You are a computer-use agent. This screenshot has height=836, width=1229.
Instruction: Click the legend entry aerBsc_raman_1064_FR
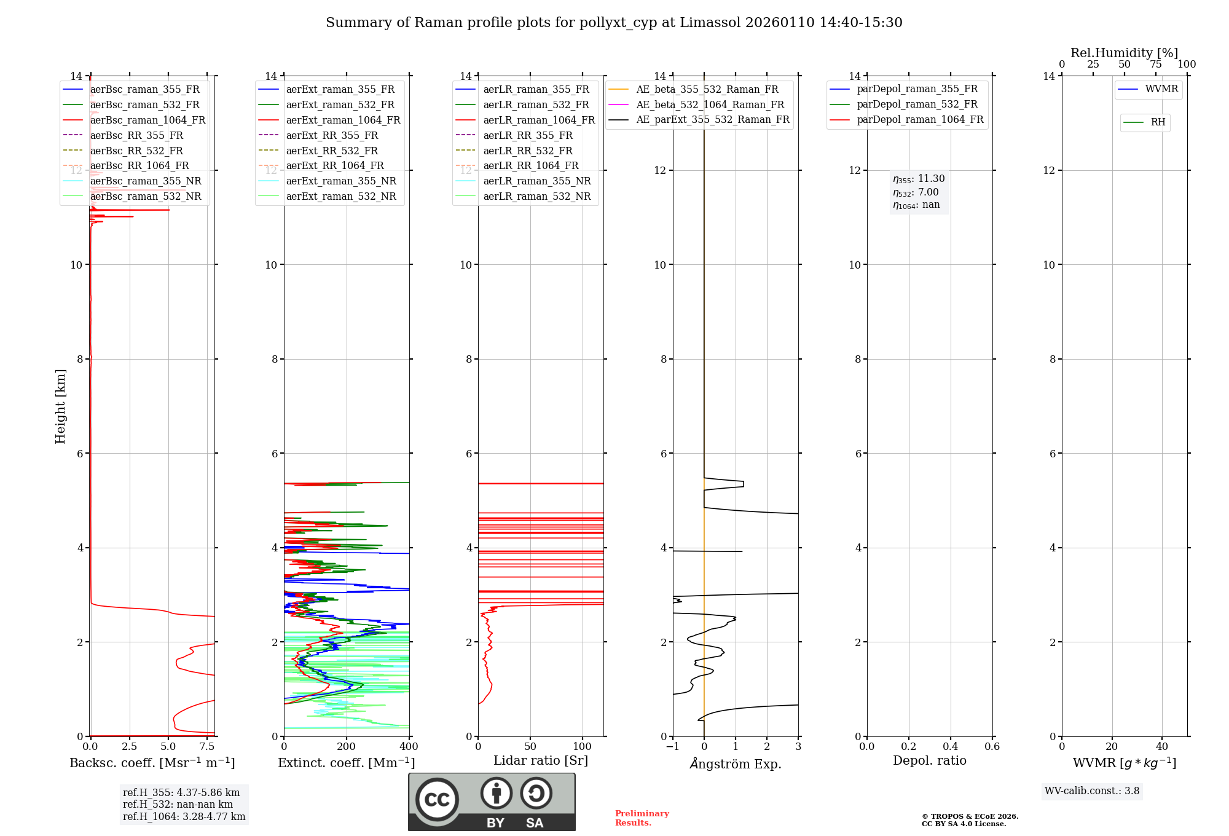coord(147,120)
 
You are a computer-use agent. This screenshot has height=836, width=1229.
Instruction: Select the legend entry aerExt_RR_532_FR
coord(332,151)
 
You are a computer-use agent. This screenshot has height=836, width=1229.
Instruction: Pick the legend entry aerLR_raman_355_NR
coord(536,181)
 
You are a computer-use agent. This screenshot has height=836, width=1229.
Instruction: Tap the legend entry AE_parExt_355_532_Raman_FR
coord(712,120)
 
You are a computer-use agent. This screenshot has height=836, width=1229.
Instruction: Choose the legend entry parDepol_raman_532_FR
coord(917,104)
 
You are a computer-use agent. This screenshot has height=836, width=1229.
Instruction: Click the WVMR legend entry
coord(1161,90)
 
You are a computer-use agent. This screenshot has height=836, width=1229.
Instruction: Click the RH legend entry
coord(1158,122)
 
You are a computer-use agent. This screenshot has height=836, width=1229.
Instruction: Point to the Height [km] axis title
coord(60,406)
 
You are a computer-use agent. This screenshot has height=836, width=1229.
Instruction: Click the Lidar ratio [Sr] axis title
coord(541,760)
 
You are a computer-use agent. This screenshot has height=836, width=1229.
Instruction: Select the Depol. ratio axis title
coord(929,760)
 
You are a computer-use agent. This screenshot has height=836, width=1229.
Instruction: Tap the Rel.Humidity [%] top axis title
coord(1124,53)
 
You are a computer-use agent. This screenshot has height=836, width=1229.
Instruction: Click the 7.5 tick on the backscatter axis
coord(207,747)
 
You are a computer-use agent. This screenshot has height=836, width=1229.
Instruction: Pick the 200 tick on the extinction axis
coord(347,747)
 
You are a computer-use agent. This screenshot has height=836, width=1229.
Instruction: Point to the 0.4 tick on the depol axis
coord(951,747)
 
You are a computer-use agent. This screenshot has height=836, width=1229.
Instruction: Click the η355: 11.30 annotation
coord(919,179)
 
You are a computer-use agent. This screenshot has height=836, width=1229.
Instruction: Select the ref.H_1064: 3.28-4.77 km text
coord(184,817)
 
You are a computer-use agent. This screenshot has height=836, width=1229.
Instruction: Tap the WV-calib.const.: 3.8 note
coord(1092,791)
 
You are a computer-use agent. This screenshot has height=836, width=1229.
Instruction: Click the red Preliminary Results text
coord(642,818)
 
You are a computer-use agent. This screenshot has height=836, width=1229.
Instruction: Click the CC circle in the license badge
coord(437,799)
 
